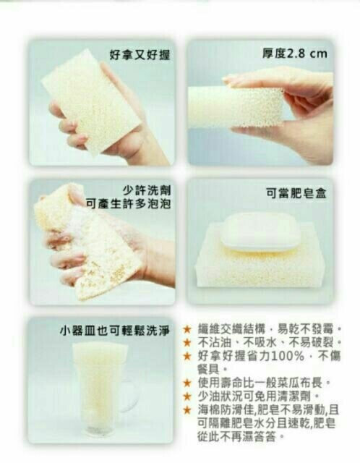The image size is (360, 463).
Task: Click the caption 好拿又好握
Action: click(140, 55)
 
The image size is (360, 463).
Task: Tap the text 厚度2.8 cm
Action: click(295, 54)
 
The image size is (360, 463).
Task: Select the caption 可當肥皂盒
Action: click(296, 193)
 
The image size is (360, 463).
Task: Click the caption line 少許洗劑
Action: click(146, 191)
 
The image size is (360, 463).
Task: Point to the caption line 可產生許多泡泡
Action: click(128, 204)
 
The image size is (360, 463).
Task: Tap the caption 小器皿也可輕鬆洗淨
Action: click(115, 331)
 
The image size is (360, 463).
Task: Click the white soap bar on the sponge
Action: click(259, 232)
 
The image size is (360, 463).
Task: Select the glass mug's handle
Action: click(132, 395)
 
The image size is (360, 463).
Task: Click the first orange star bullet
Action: click(187, 329)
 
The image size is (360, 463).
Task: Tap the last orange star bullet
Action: click(187, 410)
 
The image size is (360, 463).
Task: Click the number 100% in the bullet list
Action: click(288, 356)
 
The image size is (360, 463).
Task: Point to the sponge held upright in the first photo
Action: click(92, 102)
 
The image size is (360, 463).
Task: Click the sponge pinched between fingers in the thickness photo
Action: click(236, 107)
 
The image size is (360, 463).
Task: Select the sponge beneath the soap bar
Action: click(258, 260)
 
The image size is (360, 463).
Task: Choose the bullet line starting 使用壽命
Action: click(263, 383)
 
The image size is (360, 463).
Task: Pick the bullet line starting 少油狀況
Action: click(259, 396)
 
